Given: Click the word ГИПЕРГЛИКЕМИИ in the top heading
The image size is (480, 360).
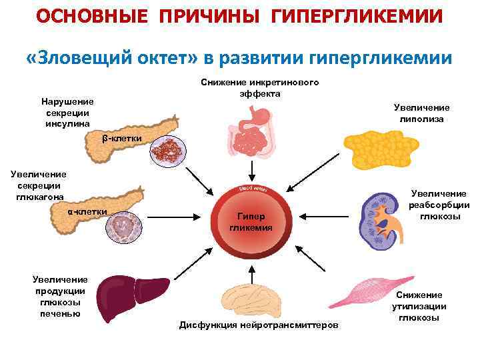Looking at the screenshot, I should [357, 15].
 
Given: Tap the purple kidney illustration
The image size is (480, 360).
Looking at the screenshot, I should [379, 219].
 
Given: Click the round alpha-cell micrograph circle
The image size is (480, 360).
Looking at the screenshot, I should [123, 228].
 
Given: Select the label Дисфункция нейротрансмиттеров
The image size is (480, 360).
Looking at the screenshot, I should [259, 325].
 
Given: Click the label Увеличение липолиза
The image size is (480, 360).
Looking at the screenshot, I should [421, 113].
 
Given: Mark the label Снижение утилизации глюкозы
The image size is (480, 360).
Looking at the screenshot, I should [419, 306].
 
